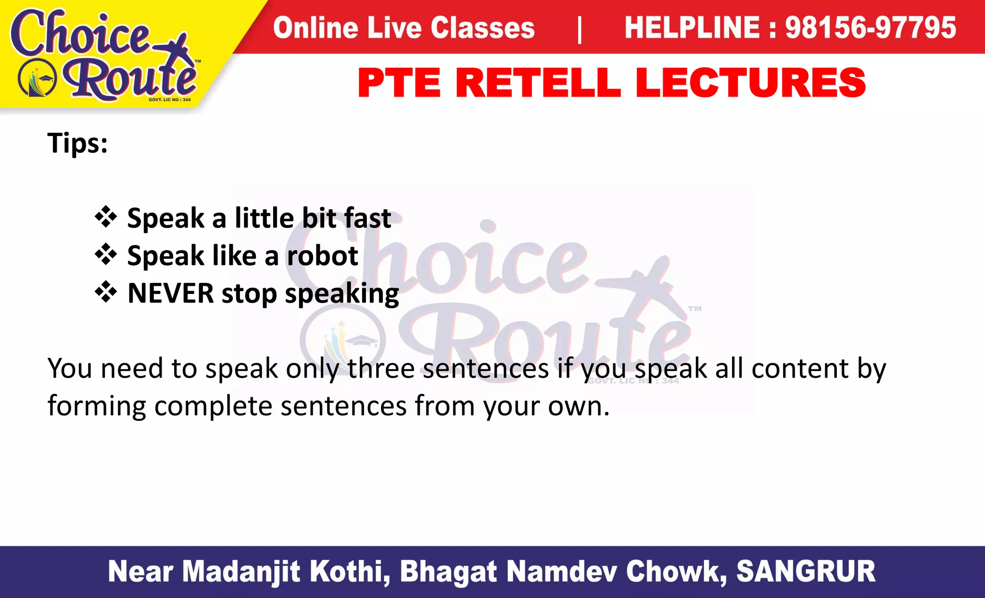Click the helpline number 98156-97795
[x=871, y=27]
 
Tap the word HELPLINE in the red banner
[x=692, y=27]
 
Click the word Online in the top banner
[x=315, y=27]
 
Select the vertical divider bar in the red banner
[x=580, y=29]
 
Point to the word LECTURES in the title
[x=750, y=83]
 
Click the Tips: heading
[x=77, y=143]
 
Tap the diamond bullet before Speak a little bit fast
[x=106, y=217]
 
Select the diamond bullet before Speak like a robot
[x=106, y=254]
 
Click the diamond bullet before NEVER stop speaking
[x=106, y=292]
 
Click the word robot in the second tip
[x=322, y=255]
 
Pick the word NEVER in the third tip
[x=170, y=293]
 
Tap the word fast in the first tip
[x=367, y=218]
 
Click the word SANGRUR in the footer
[x=806, y=572]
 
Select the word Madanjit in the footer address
[x=241, y=572]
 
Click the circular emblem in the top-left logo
[x=38, y=78]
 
